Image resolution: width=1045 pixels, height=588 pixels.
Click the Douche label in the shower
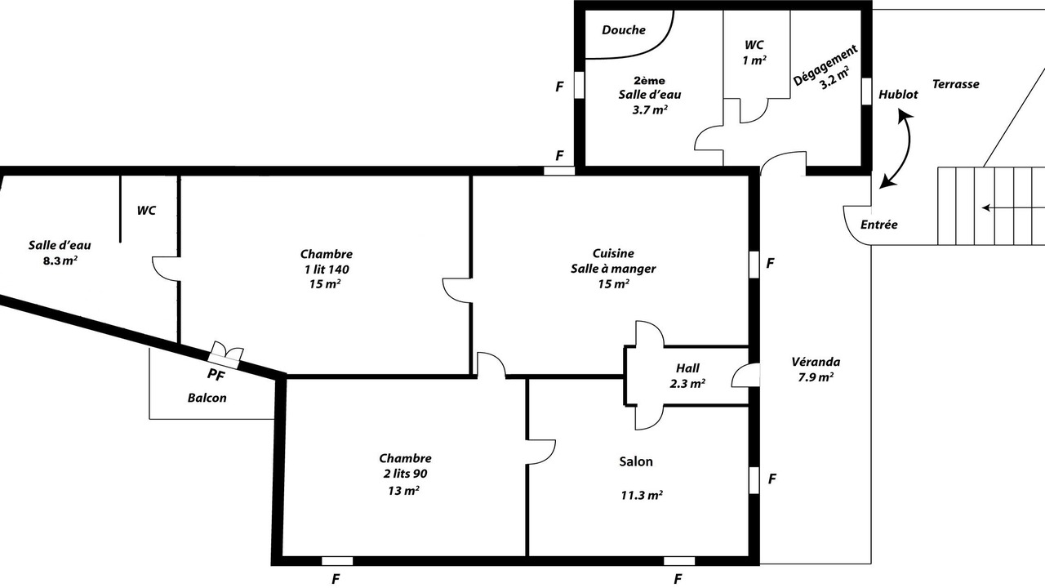(x=623, y=30)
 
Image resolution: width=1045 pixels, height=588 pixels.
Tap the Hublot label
(x=898, y=95)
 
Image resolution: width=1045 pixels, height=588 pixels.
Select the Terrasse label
(x=955, y=84)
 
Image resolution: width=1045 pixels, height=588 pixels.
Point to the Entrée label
(x=879, y=225)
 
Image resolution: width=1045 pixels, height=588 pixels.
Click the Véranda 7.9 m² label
(x=816, y=370)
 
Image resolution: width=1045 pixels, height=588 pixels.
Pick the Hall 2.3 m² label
(x=687, y=376)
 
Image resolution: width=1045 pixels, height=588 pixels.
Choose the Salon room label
(x=636, y=461)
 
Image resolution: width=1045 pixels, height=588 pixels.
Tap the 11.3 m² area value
(x=642, y=495)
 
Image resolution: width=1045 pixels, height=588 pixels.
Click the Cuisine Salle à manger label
(x=613, y=269)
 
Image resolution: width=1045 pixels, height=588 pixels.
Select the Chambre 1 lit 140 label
(x=326, y=269)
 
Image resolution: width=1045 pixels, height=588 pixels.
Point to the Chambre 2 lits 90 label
(x=405, y=474)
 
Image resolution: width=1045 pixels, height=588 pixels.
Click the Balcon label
(x=207, y=398)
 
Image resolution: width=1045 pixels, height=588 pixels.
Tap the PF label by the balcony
(x=216, y=374)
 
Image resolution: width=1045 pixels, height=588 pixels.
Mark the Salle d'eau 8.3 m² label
(x=60, y=252)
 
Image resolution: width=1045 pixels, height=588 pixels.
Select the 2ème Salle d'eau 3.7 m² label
(x=650, y=96)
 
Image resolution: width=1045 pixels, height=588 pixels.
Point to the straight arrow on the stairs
(x=1013, y=208)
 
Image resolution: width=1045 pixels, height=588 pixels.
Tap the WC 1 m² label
(x=754, y=52)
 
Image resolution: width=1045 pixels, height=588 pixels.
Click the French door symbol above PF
(x=225, y=354)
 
